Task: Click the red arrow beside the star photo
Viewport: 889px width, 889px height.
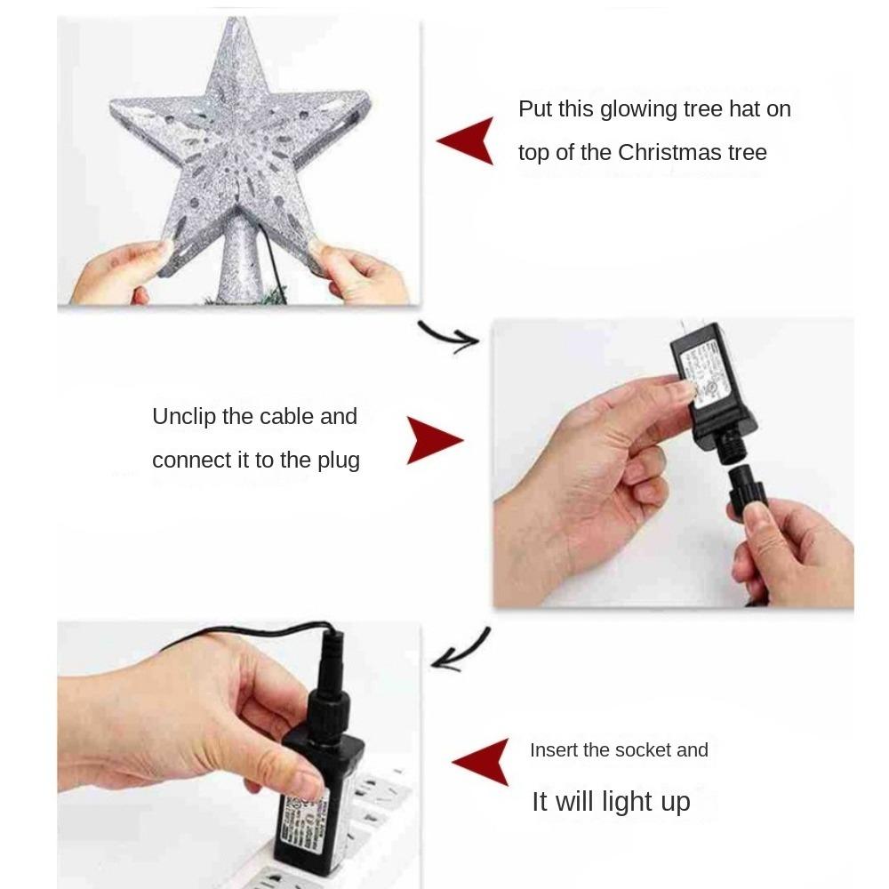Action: coord(467,140)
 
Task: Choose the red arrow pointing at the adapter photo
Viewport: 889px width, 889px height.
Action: coord(434,440)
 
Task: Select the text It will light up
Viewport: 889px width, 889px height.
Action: coord(611,802)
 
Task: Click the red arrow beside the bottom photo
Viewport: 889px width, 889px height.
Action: coord(482,762)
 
